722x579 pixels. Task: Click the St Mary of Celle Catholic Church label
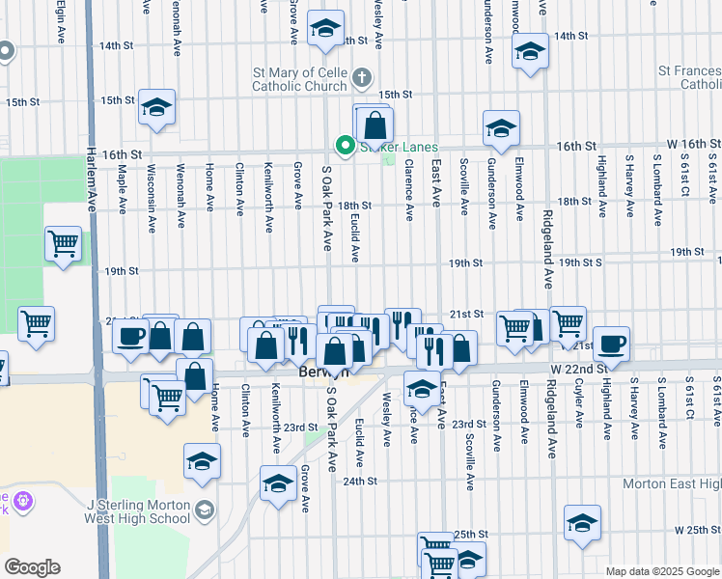[298, 79]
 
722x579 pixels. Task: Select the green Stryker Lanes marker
[344, 146]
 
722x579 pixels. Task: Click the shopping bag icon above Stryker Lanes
[375, 125]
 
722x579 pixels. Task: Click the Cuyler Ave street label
[578, 406]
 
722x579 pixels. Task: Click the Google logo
[32, 567]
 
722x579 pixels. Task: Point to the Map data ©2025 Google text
[662, 571]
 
